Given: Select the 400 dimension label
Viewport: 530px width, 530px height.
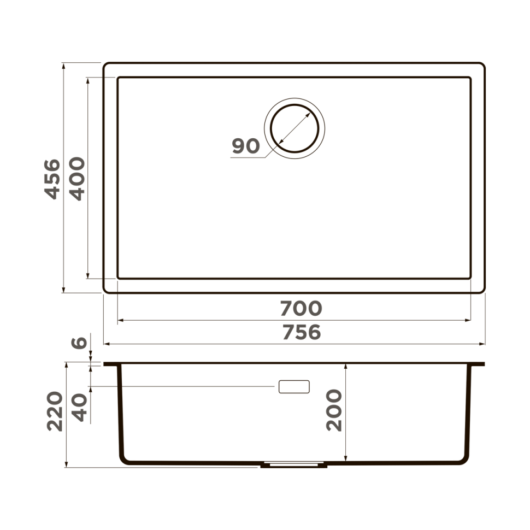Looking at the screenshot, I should pos(77,179).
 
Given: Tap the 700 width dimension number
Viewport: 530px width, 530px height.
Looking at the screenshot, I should pos(301,309).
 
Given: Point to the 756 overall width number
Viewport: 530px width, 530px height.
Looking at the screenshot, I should pos(301,332).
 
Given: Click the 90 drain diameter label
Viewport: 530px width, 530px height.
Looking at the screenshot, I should pos(245,146).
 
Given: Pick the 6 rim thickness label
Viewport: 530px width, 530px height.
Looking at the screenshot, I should pos(80,343).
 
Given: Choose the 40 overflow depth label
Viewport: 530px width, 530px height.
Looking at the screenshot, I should pos(80,408).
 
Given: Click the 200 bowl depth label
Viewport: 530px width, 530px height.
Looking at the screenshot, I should pos(334,410).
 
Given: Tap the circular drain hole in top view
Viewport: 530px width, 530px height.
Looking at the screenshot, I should pos(295,129).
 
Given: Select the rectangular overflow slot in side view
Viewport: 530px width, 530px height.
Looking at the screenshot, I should pos(294,386).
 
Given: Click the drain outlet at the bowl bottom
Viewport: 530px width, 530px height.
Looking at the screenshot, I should pos(295,466).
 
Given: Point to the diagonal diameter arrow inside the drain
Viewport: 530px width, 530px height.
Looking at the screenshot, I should pos(295,129).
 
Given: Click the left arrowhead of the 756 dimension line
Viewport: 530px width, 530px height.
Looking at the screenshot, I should pos(107,344).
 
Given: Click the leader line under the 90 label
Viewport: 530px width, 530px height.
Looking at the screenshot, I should pos(249,158).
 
